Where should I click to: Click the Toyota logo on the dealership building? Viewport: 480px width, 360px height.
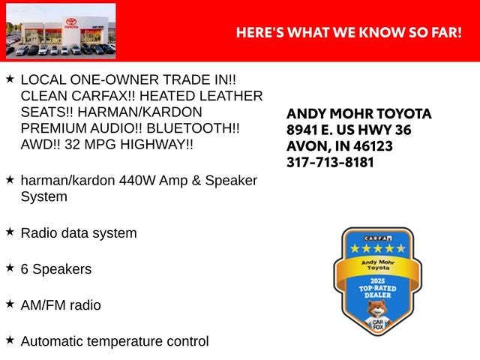tap(71, 23)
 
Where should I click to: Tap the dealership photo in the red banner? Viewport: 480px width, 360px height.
tap(61, 31)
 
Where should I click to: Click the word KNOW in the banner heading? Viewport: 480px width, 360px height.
tap(382, 32)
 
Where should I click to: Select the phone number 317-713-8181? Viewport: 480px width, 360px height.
tap(330, 162)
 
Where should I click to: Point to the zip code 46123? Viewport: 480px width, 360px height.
tap(373, 146)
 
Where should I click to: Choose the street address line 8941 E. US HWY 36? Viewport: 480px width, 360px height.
tap(349, 130)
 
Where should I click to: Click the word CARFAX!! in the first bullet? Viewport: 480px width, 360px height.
tap(103, 96)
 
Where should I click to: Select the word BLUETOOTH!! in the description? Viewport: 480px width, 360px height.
tap(193, 128)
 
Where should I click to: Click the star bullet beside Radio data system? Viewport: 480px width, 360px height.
tap(10, 232)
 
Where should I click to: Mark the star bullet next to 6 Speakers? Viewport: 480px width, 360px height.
tap(10, 268)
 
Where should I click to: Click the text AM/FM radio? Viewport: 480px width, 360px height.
tap(61, 305)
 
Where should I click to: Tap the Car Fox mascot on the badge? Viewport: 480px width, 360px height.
tap(377, 315)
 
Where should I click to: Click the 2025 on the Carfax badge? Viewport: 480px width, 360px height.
tap(377, 281)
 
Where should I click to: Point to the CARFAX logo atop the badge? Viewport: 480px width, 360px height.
tap(378, 238)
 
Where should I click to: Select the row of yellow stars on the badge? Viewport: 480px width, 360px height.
tap(378, 248)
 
